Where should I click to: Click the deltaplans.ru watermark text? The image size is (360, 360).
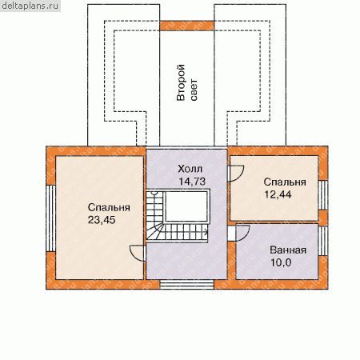click(x=30, y=6)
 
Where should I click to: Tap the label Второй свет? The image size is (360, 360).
click(x=187, y=82)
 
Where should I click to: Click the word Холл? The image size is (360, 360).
click(x=190, y=169)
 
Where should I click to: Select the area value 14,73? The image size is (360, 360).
click(x=192, y=182)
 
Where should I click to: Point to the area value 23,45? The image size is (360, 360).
click(x=102, y=220)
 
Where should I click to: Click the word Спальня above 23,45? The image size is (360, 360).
click(x=109, y=207)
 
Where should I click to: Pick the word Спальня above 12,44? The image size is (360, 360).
click(x=285, y=182)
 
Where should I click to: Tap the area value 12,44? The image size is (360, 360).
click(x=278, y=194)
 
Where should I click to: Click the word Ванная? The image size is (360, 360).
click(x=288, y=250)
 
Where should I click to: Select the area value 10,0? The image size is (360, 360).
click(x=281, y=262)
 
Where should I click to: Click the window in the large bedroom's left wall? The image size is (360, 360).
click(x=50, y=218)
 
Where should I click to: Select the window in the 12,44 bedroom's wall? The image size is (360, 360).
click(x=323, y=195)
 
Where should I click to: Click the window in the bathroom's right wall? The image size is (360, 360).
click(x=323, y=241)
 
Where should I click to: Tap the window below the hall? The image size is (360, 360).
click(x=187, y=284)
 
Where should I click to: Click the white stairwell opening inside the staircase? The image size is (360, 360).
click(x=186, y=206)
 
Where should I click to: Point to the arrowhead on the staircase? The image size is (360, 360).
click(x=206, y=232)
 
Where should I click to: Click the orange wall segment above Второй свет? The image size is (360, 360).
click(x=187, y=26)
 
